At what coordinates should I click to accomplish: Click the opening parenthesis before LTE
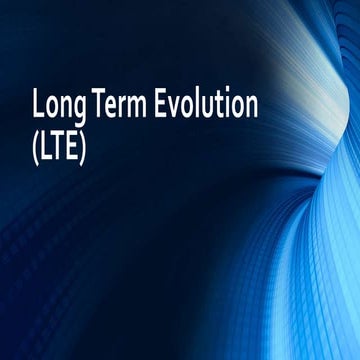[x=37, y=140]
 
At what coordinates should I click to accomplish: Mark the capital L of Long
[x=39, y=104]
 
